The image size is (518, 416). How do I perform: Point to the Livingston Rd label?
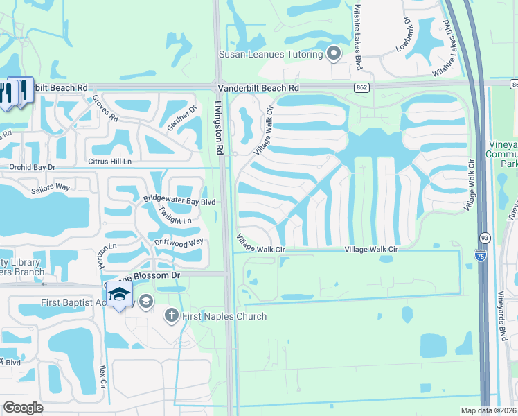pos(220,129)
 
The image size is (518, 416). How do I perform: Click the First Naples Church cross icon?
pos(172,316)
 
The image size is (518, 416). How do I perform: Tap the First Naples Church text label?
pos(224,317)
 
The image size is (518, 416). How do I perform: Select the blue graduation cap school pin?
pos(119,294)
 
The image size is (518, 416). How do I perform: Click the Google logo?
pos(24,408)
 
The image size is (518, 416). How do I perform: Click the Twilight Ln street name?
pos(175,216)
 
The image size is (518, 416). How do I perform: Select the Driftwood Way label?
pos(179,243)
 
